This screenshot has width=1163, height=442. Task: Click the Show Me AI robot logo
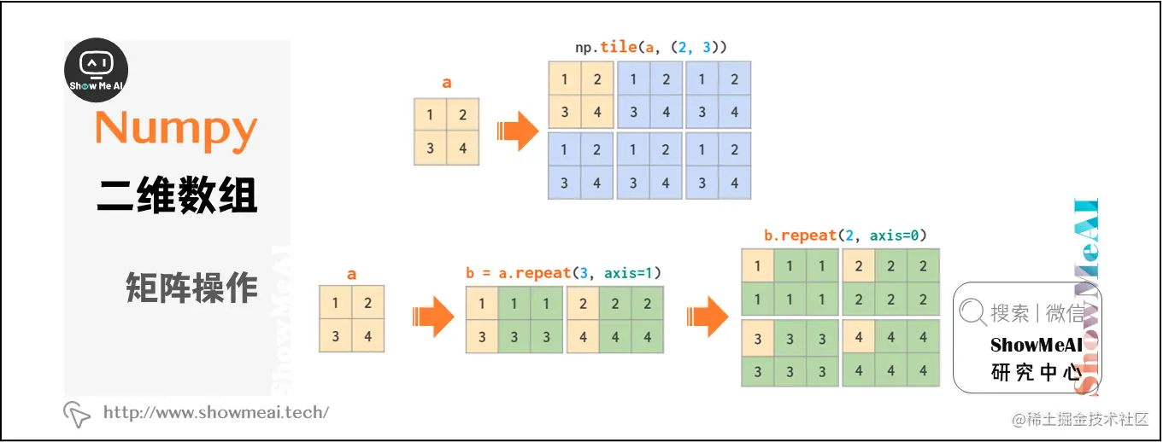97,71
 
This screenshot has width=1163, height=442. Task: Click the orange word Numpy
176,129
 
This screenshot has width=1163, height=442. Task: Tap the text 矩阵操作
191,288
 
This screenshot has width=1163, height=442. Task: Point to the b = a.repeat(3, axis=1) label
564,273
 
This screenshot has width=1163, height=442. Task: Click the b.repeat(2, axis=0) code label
845,236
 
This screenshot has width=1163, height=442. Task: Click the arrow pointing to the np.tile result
517,132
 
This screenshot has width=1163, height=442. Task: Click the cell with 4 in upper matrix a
462,148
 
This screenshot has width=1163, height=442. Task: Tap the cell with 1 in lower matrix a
335,303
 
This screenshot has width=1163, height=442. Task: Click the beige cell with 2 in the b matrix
583,303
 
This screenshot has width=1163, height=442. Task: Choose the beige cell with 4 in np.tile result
597,112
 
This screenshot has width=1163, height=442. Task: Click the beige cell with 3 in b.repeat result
757,339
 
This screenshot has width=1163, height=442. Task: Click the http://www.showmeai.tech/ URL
215,413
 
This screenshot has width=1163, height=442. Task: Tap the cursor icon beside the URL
77,414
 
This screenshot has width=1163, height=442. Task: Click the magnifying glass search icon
972,313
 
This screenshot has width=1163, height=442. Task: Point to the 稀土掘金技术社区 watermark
1081,420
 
